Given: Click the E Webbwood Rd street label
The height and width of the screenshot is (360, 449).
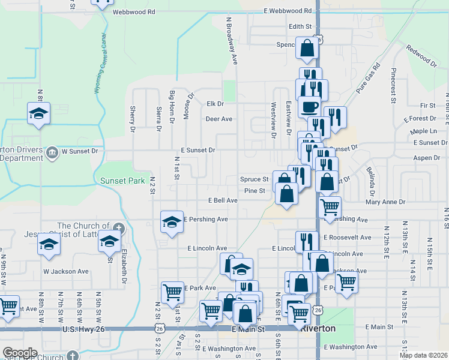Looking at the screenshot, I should click(288, 11).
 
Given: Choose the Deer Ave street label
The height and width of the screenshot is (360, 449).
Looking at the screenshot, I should click(218, 119).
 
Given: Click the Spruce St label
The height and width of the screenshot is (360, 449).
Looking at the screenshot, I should click(254, 179).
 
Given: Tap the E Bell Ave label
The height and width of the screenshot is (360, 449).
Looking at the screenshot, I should click(223, 200).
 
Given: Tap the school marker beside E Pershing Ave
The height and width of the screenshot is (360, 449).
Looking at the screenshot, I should click(172, 222).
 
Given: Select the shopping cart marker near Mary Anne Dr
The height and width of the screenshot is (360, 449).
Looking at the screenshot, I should click(330, 208).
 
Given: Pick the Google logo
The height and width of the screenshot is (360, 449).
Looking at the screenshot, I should click(20, 353).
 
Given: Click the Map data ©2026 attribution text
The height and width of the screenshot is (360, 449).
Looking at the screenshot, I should click(423, 355).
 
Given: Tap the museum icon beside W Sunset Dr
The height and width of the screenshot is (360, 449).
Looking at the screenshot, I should click(52, 151).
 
